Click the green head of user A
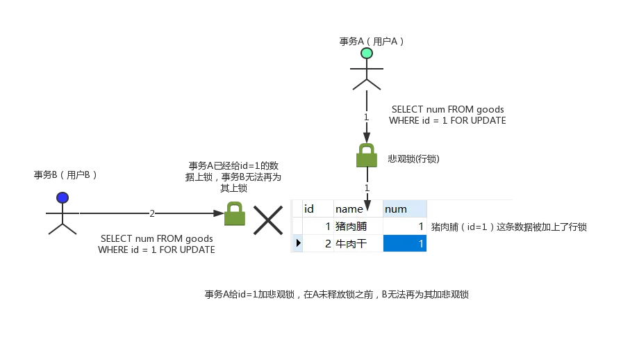coord(367,54)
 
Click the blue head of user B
coord(63,198)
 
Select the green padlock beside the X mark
coord(234,214)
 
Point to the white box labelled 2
coord(150,214)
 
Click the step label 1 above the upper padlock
coord(366,117)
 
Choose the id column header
coord(310,208)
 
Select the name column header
coord(349,208)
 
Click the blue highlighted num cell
coord(404,243)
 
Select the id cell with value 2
coord(317,243)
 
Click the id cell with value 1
coord(317,227)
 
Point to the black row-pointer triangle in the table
coord(297,243)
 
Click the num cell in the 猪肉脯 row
coord(404,227)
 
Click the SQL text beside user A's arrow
coord(448,116)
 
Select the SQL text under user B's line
coord(157,245)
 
